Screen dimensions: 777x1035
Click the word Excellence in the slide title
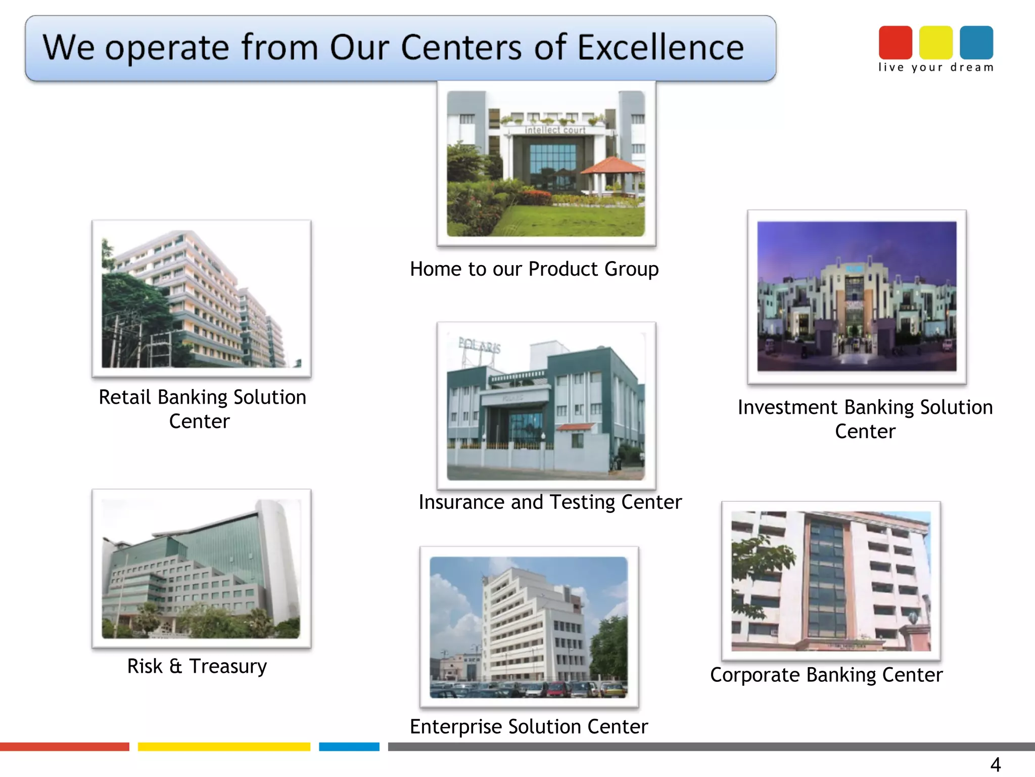660,48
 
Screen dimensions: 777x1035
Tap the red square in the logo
895,42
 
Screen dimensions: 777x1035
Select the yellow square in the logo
935,42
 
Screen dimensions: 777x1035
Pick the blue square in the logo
976,42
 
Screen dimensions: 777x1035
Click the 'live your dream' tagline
935,68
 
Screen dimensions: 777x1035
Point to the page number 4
995,764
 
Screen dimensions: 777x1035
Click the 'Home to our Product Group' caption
534,269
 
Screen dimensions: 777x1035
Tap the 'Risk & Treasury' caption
197,666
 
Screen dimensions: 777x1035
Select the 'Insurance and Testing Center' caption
550,502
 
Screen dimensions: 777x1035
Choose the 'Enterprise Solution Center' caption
529,727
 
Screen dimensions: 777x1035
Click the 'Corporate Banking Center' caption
826,675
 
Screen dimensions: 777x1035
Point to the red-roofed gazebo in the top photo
613,172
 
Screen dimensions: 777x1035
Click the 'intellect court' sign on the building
555,130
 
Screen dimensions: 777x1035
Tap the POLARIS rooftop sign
479,345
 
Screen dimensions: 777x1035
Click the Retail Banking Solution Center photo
201,298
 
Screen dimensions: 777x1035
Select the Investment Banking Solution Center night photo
857,296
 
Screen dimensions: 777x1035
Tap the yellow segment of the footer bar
224,747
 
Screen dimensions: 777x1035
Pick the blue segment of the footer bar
349,747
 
